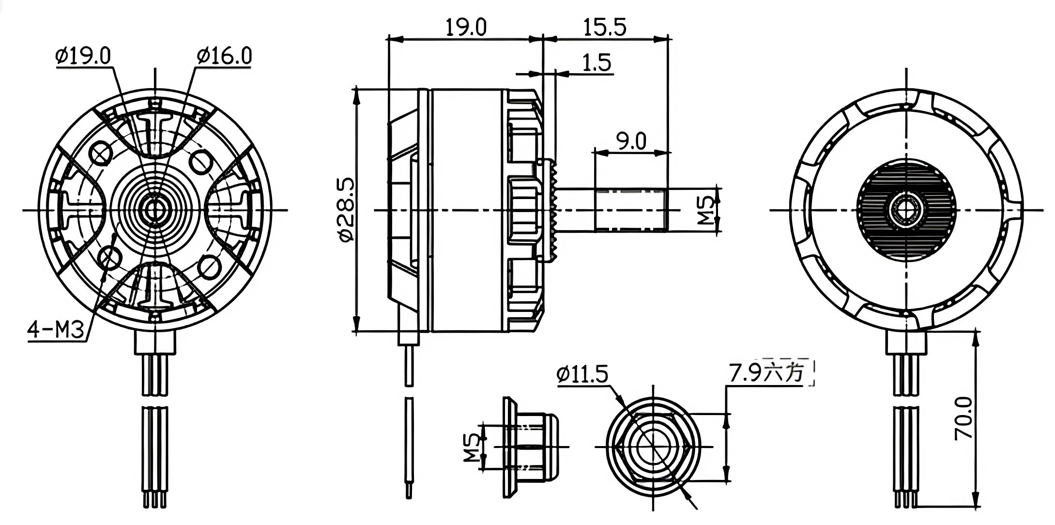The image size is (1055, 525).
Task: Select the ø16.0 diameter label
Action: click(224, 56)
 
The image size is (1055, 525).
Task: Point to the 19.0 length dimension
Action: click(466, 27)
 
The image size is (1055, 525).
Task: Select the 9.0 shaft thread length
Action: click(631, 141)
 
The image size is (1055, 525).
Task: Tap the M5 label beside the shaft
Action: click(706, 210)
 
